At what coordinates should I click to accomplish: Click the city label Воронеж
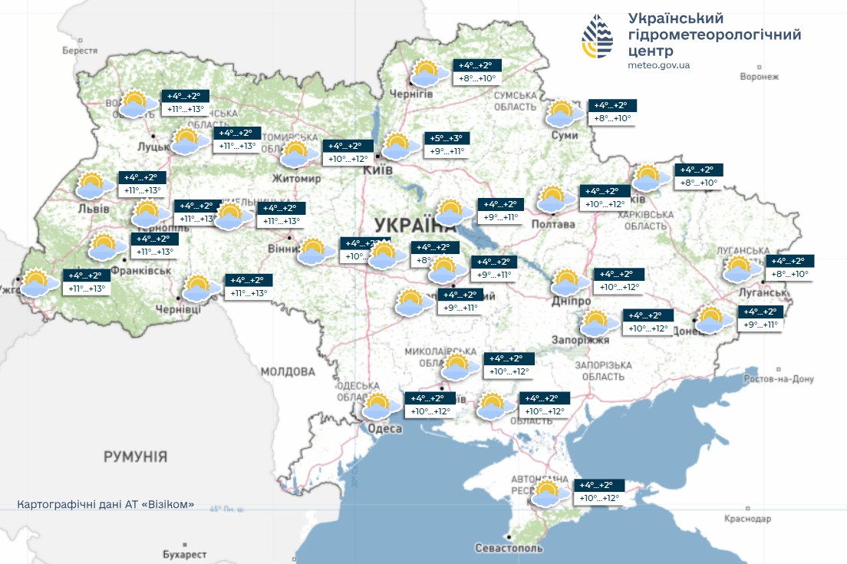(x=759, y=77)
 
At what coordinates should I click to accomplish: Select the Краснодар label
(x=746, y=519)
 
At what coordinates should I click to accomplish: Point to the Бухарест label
(x=185, y=554)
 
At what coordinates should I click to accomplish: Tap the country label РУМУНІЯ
(x=135, y=457)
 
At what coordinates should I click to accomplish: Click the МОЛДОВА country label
(x=287, y=371)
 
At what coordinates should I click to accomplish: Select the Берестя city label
(x=80, y=51)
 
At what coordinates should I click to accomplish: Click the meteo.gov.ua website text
(x=658, y=65)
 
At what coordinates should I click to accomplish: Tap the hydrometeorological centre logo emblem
(x=598, y=36)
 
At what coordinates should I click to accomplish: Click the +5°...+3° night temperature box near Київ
(x=447, y=138)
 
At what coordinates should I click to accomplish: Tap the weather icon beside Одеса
(x=378, y=407)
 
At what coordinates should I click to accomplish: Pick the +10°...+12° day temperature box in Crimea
(x=598, y=498)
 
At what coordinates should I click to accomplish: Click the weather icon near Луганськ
(x=740, y=269)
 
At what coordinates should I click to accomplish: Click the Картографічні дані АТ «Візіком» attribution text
(x=106, y=505)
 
